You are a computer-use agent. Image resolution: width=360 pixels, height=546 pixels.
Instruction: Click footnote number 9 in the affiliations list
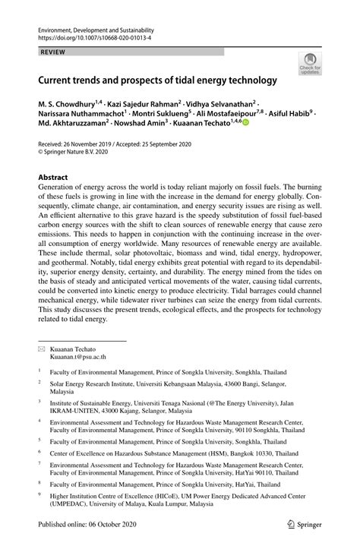click(x=39, y=493)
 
